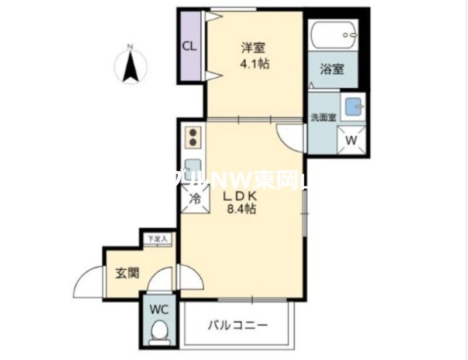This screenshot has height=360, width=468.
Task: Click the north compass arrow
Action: [130, 66]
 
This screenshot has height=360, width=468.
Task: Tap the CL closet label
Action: [189, 47]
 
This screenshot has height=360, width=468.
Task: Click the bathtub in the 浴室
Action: [333, 36]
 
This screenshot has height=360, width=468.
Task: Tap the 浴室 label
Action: [332, 69]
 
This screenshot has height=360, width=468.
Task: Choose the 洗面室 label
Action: [322, 116]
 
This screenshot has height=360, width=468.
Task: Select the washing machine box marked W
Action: [352, 140]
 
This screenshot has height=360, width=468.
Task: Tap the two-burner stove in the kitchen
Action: [194, 137]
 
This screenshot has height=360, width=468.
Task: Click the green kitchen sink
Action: [193, 167]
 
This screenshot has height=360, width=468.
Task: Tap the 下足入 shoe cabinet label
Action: [157, 239]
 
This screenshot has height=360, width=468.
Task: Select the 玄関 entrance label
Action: [126, 273]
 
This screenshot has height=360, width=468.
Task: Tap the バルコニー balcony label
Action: [239, 324]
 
